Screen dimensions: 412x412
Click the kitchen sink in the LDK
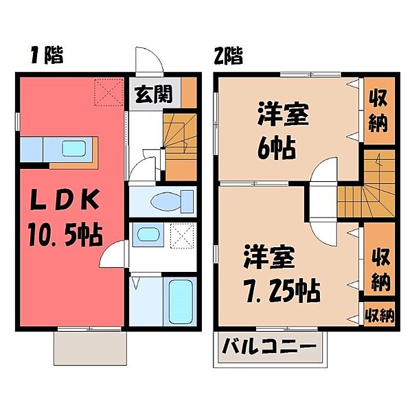click(72, 148)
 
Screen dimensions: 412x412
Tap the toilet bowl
click(163, 203)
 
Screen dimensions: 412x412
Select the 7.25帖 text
click(282, 292)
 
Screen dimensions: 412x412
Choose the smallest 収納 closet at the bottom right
click(380, 316)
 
